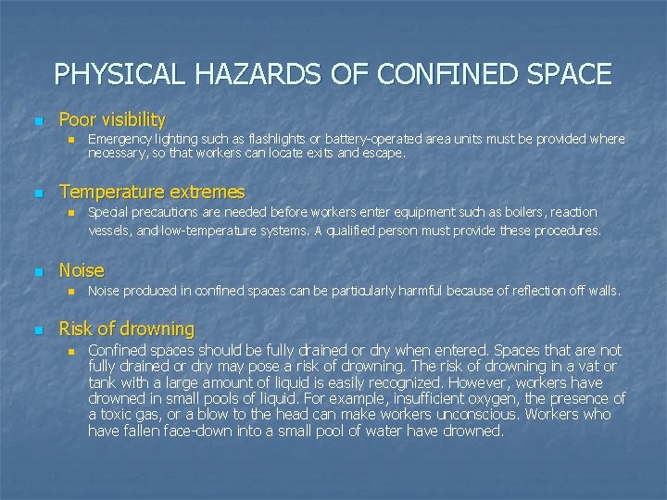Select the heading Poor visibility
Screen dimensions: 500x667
(x=112, y=119)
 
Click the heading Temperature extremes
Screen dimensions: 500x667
(x=152, y=193)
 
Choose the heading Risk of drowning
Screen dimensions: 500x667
(x=127, y=329)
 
